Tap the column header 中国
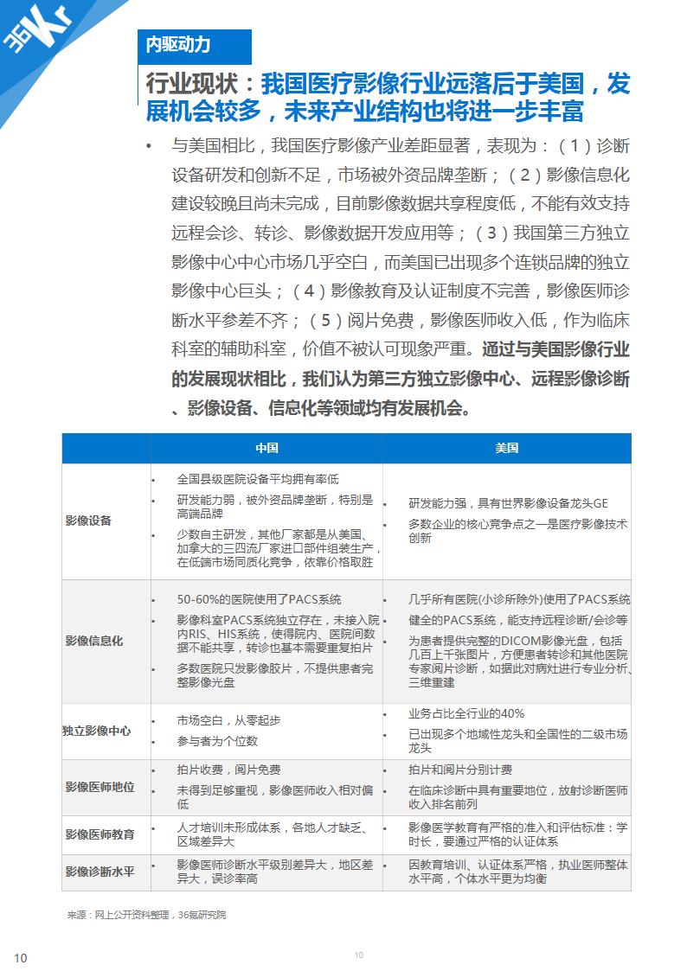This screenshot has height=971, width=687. click(x=266, y=448)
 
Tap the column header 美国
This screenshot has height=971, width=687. click(x=506, y=448)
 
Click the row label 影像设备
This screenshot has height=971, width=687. click(x=88, y=521)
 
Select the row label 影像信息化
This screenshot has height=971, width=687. click(x=93, y=641)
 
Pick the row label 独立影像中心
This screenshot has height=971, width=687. click(x=97, y=731)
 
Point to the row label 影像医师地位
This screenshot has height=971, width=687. click(x=100, y=787)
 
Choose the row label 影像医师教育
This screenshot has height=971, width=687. click(x=100, y=834)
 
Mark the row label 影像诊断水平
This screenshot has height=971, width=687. click(x=100, y=872)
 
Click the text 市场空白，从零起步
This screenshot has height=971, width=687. click(x=228, y=720)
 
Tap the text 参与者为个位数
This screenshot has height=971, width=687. click(x=217, y=741)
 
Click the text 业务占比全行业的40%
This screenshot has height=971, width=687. click(x=466, y=713)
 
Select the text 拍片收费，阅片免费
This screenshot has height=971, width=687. click(x=228, y=770)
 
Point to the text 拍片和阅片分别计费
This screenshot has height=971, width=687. click(x=459, y=770)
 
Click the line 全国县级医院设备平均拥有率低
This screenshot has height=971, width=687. click(x=257, y=478)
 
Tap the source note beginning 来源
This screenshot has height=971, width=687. click(x=146, y=914)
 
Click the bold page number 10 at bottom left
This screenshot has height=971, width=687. click(x=21, y=957)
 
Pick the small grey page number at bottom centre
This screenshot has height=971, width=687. click(x=359, y=955)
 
